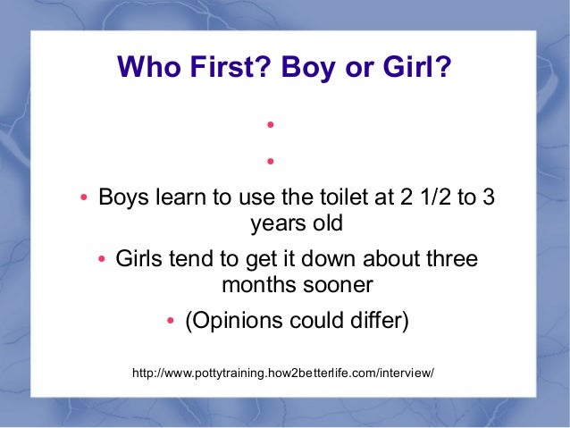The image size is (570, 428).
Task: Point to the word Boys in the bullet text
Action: [x=123, y=197]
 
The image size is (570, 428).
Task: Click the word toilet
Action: [x=329, y=197]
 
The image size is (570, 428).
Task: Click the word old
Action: [x=323, y=222]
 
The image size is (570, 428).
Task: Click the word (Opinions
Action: [x=228, y=321]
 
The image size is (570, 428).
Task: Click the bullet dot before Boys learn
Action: [x=82, y=197]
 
